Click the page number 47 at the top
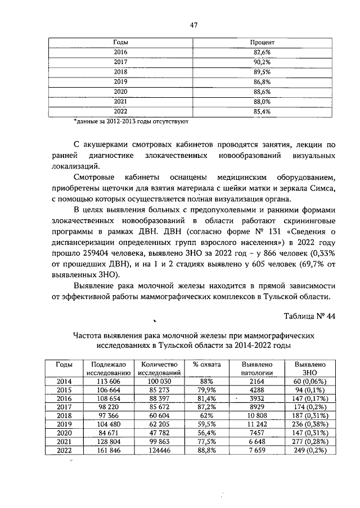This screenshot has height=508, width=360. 193,25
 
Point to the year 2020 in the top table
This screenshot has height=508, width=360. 120,92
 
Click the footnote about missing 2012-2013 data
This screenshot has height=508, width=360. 131,121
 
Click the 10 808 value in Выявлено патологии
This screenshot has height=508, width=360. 257,417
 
